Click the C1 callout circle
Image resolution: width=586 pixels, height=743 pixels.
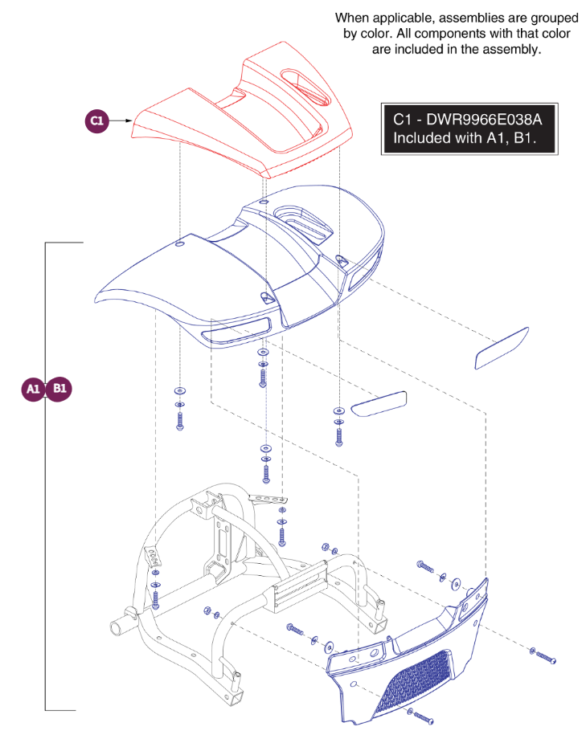click(x=97, y=121)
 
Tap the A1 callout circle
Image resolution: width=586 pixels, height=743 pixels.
click(x=33, y=390)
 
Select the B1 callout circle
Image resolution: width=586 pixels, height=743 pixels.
click(x=59, y=390)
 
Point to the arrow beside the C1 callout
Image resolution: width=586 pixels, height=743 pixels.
click(x=121, y=121)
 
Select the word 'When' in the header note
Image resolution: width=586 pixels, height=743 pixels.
click(x=354, y=17)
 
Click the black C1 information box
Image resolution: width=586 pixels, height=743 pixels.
click(x=469, y=129)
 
